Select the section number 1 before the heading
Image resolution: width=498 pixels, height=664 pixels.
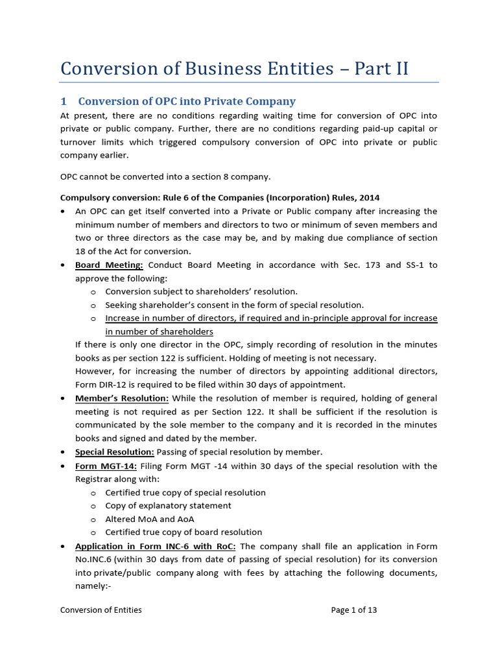(x=64, y=101)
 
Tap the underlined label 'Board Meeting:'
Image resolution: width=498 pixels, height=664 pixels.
(x=109, y=265)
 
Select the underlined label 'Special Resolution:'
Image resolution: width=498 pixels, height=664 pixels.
(x=114, y=452)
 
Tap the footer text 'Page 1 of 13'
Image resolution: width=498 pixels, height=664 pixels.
(x=353, y=610)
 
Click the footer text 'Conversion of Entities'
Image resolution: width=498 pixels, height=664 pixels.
(x=101, y=610)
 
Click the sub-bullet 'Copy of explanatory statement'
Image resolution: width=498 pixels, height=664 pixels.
(x=168, y=506)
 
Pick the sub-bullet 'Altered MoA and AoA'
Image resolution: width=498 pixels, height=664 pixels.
(x=149, y=519)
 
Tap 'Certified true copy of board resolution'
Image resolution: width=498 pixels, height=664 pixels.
(x=184, y=532)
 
